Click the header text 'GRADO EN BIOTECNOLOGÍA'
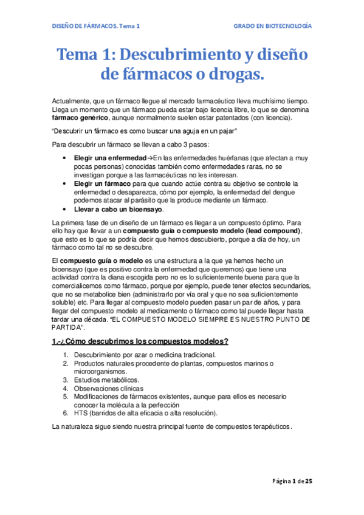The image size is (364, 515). click(273, 27)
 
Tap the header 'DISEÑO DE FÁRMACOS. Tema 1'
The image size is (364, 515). click(94, 27)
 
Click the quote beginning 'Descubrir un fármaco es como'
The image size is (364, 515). click(144, 131)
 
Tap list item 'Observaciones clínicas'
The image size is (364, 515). click(109, 388)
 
